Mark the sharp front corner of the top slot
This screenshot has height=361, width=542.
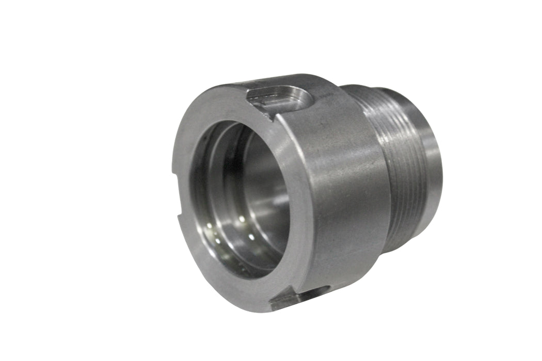click(272, 119)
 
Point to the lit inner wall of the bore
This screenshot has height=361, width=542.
click(268, 206)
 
